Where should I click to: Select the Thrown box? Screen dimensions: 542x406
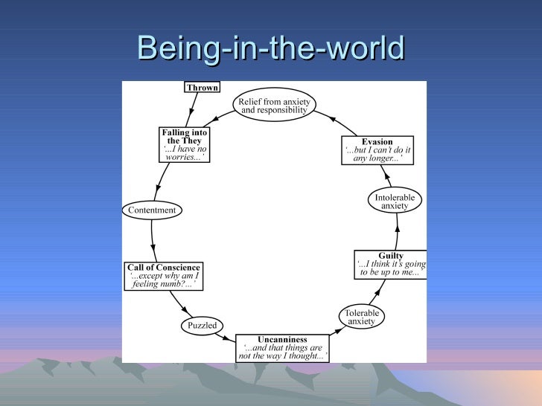tap(202, 88)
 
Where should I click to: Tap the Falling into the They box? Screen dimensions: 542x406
tap(184, 145)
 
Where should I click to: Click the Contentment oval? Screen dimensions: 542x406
tap(152, 210)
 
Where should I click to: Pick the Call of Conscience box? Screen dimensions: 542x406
tap(164, 276)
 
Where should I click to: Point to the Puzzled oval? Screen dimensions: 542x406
tap(202, 326)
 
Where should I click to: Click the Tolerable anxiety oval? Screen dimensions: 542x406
tap(362, 317)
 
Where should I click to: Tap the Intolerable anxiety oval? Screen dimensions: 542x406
tap(395, 202)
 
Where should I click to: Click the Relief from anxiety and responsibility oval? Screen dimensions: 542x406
tap(274, 105)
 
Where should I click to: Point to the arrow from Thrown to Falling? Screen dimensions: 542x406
tap(190, 111)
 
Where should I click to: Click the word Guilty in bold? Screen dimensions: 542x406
tap(391, 255)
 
